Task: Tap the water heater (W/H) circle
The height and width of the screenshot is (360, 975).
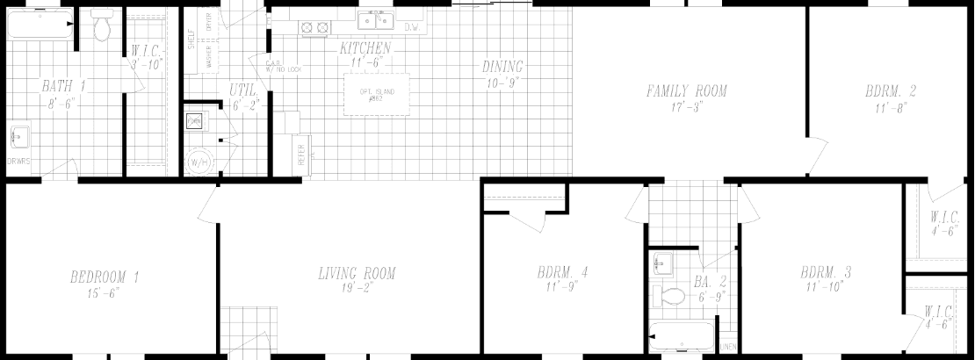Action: (x=199, y=162)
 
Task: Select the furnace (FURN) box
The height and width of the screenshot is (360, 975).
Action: (x=194, y=121)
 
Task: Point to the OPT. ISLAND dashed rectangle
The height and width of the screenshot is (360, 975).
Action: (x=376, y=94)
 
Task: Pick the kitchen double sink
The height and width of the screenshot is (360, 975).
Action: (x=376, y=19)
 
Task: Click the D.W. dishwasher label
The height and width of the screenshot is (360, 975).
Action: (x=412, y=28)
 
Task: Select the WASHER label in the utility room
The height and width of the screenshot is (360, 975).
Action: (x=209, y=59)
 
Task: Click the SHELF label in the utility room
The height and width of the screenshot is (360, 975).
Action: (x=191, y=40)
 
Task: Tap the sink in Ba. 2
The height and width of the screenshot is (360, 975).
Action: (x=661, y=262)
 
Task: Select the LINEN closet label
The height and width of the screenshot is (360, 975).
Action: (x=728, y=348)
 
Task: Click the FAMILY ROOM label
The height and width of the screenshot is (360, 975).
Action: (x=687, y=90)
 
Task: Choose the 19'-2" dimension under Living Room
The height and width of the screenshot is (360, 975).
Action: (x=357, y=288)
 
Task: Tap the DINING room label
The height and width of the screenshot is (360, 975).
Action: (x=502, y=67)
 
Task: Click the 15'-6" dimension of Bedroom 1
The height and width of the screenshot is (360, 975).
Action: (x=105, y=292)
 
